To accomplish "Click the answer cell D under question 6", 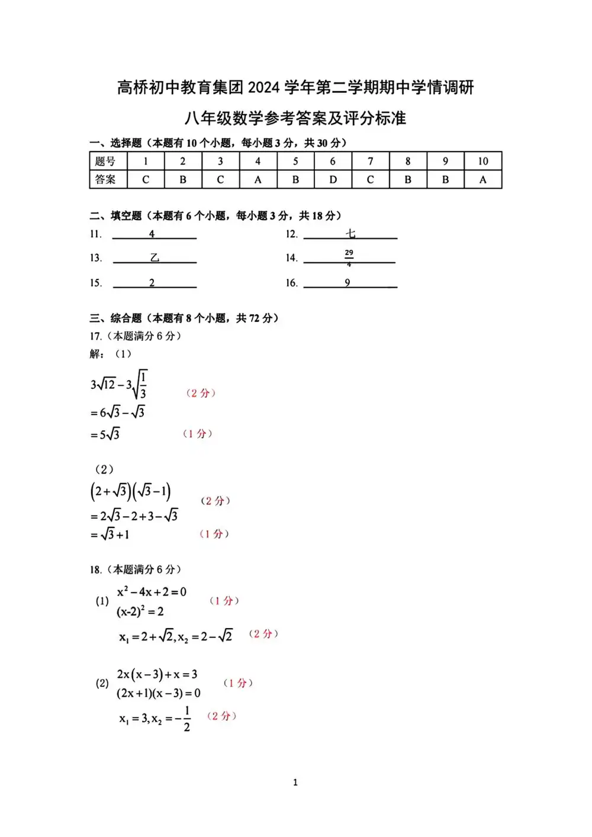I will [x=333, y=179].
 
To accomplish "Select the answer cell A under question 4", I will [x=258, y=179].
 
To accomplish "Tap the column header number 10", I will [x=482, y=161].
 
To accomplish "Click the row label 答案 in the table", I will [x=106, y=179].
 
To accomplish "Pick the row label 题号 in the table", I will [x=106, y=161].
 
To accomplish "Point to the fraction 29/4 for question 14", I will [x=349, y=257].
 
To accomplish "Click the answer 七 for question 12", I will [x=350, y=234].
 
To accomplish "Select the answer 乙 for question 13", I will [x=155, y=258].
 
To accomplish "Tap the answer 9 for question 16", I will [x=348, y=283].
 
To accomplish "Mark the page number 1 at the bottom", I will [x=295, y=783].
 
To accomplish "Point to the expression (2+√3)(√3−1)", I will [x=131, y=491].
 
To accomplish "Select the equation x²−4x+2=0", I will [x=152, y=591].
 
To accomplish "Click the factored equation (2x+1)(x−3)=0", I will [x=159, y=693].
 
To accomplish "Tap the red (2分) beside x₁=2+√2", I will [x=263, y=633].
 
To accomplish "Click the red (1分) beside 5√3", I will [x=197, y=433].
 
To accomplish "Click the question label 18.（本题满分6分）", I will [x=136, y=569].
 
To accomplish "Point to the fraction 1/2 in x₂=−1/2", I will [x=187, y=719].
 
